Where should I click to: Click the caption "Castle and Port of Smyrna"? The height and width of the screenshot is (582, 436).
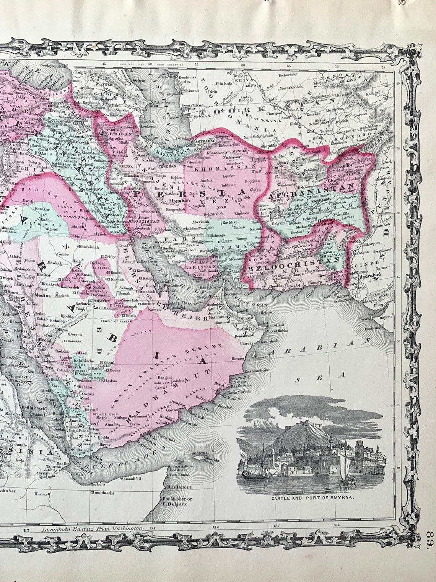312,499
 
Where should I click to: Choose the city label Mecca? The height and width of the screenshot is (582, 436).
45,339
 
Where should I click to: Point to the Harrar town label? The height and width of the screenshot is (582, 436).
41,494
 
